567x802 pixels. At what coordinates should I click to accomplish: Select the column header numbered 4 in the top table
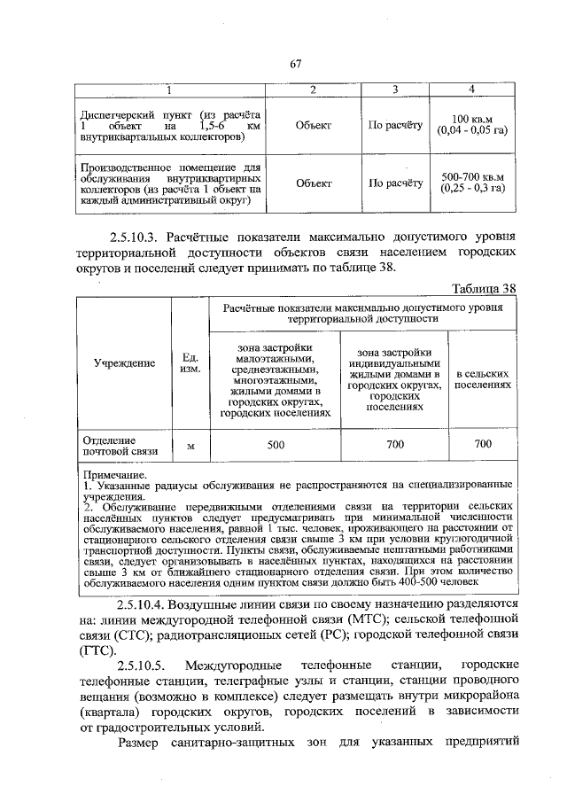point(471,90)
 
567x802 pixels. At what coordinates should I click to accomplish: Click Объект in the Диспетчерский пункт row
point(314,126)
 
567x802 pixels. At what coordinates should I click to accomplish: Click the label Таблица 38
point(483,289)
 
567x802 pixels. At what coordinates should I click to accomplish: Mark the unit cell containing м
point(190,446)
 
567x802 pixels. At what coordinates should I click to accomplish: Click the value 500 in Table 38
point(276,445)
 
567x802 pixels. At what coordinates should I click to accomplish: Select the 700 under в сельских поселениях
point(483,444)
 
